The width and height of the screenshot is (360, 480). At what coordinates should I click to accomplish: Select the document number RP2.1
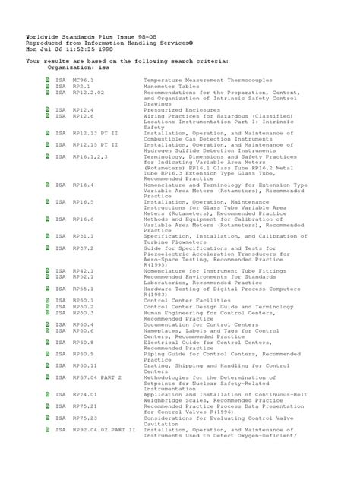pyautogui.click(x=81, y=88)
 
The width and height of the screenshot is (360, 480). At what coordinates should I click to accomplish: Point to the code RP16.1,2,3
pyautogui.click(x=91, y=156)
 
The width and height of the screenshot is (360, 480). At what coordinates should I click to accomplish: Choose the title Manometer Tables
pyautogui.click(x=171, y=88)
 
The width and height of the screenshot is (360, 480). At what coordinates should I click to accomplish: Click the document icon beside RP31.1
pyautogui.click(x=48, y=236)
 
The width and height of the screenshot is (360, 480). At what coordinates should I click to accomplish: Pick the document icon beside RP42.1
pyautogui.click(x=48, y=270)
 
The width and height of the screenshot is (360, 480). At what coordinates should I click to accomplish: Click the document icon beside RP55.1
pyautogui.click(x=48, y=289)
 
